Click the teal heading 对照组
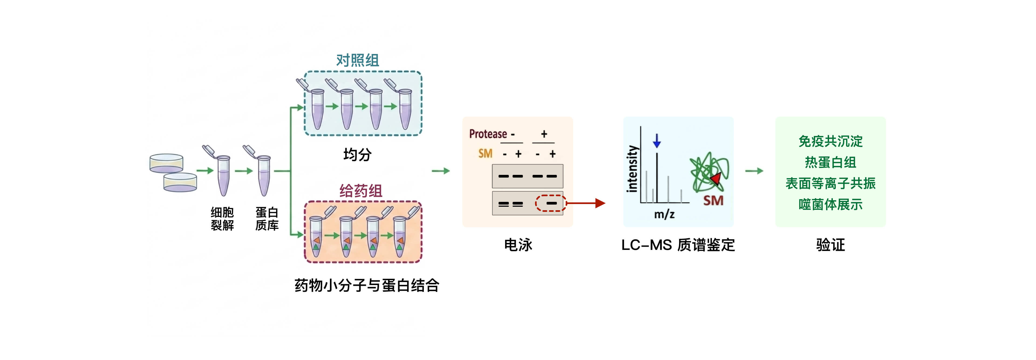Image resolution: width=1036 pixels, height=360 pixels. point(357,60)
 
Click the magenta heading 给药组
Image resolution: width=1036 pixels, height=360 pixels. point(360,191)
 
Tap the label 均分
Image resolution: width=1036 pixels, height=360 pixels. point(357,154)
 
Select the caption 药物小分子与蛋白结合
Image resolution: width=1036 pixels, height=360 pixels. point(367,285)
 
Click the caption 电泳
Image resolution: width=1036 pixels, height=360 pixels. point(518,244)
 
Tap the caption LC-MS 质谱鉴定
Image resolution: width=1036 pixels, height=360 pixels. point(678,244)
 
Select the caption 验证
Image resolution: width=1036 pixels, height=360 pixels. point(830,244)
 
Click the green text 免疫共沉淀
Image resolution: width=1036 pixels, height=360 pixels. point(830,141)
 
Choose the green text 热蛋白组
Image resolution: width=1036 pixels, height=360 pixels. point(830,162)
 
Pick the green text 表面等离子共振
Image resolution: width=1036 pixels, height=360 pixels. point(830,184)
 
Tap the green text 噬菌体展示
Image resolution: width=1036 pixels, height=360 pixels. point(830,204)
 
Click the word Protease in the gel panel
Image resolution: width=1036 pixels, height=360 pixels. point(488,134)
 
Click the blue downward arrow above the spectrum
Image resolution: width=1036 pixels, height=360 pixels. point(657,141)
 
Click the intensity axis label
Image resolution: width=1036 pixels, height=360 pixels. point(632,169)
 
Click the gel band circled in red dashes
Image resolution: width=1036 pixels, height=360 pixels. point(551,203)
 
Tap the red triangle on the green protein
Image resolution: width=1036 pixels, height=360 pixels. point(716,179)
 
